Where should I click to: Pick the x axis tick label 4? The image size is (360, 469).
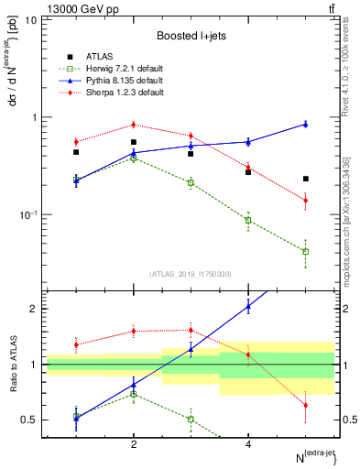[x=248, y=443]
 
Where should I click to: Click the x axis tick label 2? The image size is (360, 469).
[x=134, y=443]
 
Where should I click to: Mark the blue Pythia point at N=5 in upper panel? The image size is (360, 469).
[x=305, y=124]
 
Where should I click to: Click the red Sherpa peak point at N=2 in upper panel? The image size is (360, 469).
[x=134, y=125]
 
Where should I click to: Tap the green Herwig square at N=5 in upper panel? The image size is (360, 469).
[x=305, y=251]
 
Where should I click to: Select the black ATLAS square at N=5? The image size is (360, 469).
[x=305, y=179]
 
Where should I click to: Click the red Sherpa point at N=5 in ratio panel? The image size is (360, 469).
[x=305, y=405]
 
